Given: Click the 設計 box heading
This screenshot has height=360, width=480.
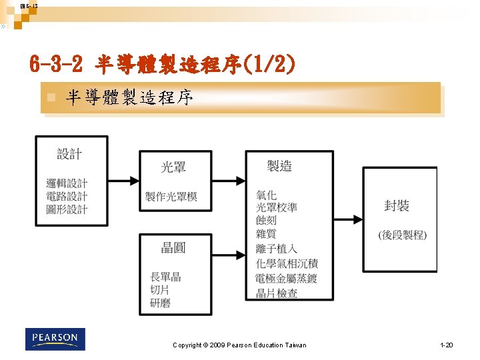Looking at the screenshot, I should coord(69,154).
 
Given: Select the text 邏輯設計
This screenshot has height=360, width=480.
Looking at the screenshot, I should coord(67,183).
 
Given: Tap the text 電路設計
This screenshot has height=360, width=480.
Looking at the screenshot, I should coord(67,196).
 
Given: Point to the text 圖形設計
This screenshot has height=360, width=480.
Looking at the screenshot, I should coord(67,209).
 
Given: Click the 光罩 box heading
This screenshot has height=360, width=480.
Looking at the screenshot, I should coord(173,167).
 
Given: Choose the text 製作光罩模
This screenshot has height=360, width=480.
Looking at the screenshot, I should coord(171,197).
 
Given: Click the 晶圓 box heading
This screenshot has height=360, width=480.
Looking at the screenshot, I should coord(173,248).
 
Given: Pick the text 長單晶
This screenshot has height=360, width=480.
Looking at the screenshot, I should coord(165,277).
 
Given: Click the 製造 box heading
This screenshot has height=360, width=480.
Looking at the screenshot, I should coord(279,166).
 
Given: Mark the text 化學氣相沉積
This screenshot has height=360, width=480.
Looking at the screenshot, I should coord(287,263).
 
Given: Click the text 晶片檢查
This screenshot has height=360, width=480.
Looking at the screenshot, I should coord(277,293).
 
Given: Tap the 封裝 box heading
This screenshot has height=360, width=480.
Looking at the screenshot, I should coord(397,206).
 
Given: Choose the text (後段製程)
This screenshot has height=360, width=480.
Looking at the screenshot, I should coord(402,235).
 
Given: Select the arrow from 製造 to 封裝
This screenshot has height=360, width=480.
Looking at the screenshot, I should coord(348,219).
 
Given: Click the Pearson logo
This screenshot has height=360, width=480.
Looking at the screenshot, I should coord(55,339).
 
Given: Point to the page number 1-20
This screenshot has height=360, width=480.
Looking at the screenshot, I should coord(446,345).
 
